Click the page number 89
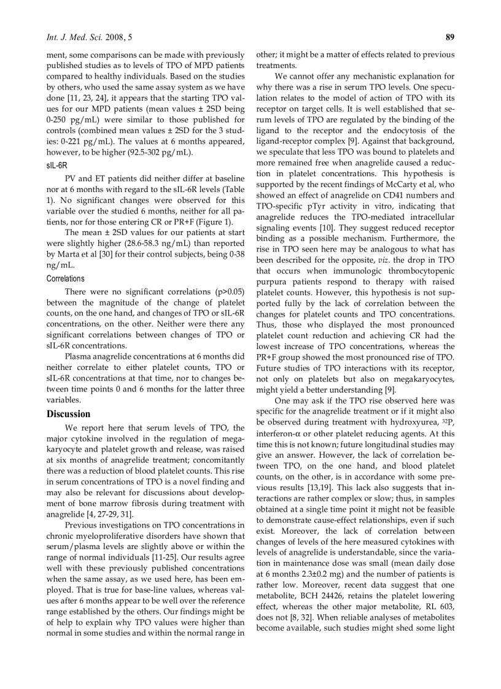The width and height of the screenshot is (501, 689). [449, 37]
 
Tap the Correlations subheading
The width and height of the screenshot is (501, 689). [66, 279]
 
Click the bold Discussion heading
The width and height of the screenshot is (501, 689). [68, 414]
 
